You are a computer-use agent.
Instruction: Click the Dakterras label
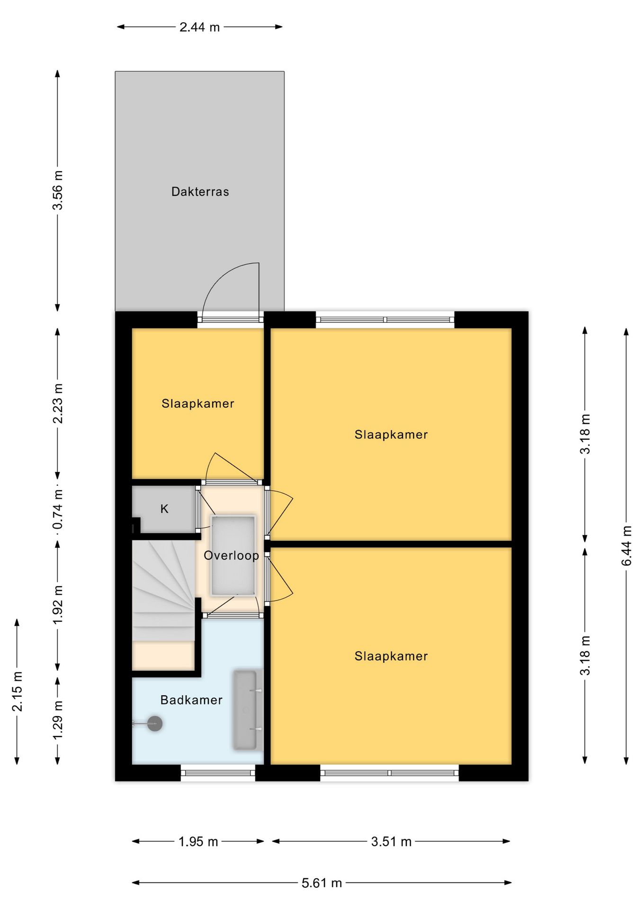click(200, 191)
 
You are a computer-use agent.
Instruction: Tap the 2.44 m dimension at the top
click(199, 27)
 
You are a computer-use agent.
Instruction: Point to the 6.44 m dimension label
click(626, 546)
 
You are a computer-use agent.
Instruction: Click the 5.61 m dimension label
click(321, 883)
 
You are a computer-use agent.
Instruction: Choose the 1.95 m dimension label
click(198, 842)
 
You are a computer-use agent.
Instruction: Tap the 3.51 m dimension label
click(391, 842)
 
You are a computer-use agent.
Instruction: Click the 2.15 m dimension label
click(17, 692)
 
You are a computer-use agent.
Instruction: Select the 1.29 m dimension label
click(57, 719)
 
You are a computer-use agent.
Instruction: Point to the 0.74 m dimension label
click(57, 510)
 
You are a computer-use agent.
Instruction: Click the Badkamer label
click(191, 700)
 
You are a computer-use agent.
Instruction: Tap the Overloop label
click(231, 555)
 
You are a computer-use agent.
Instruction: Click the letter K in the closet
click(164, 509)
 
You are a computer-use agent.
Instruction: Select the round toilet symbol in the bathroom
click(154, 723)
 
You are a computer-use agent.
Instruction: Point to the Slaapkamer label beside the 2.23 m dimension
click(198, 403)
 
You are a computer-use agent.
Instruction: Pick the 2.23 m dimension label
click(57, 403)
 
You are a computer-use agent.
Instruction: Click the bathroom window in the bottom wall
click(218, 773)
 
